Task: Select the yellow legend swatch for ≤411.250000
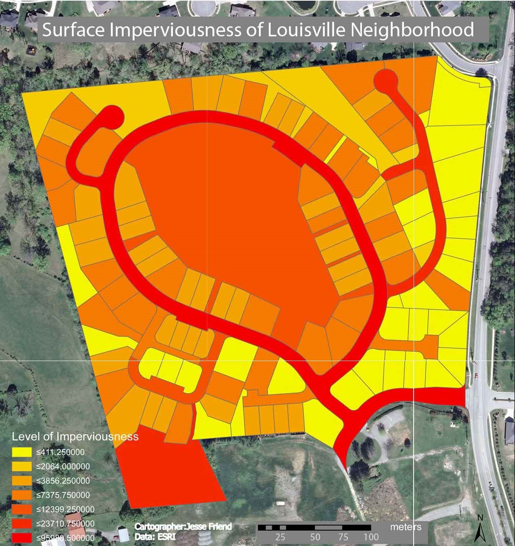[x=22, y=452]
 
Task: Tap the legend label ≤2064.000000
[x=63, y=466]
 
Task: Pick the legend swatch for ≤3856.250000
[x=22, y=481]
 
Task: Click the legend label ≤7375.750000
[x=63, y=495]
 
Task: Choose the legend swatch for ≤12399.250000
[x=22, y=509]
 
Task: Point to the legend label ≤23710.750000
[x=65, y=524]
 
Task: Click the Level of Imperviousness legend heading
[x=75, y=437]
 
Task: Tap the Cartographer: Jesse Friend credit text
[x=183, y=527]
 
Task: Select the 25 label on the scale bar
[x=280, y=537]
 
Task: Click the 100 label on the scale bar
[x=371, y=537]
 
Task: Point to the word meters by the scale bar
[x=406, y=527]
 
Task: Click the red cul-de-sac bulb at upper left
[x=110, y=117]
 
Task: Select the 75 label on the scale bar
[x=343, y=537]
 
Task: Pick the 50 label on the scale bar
[x=315, y=537]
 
